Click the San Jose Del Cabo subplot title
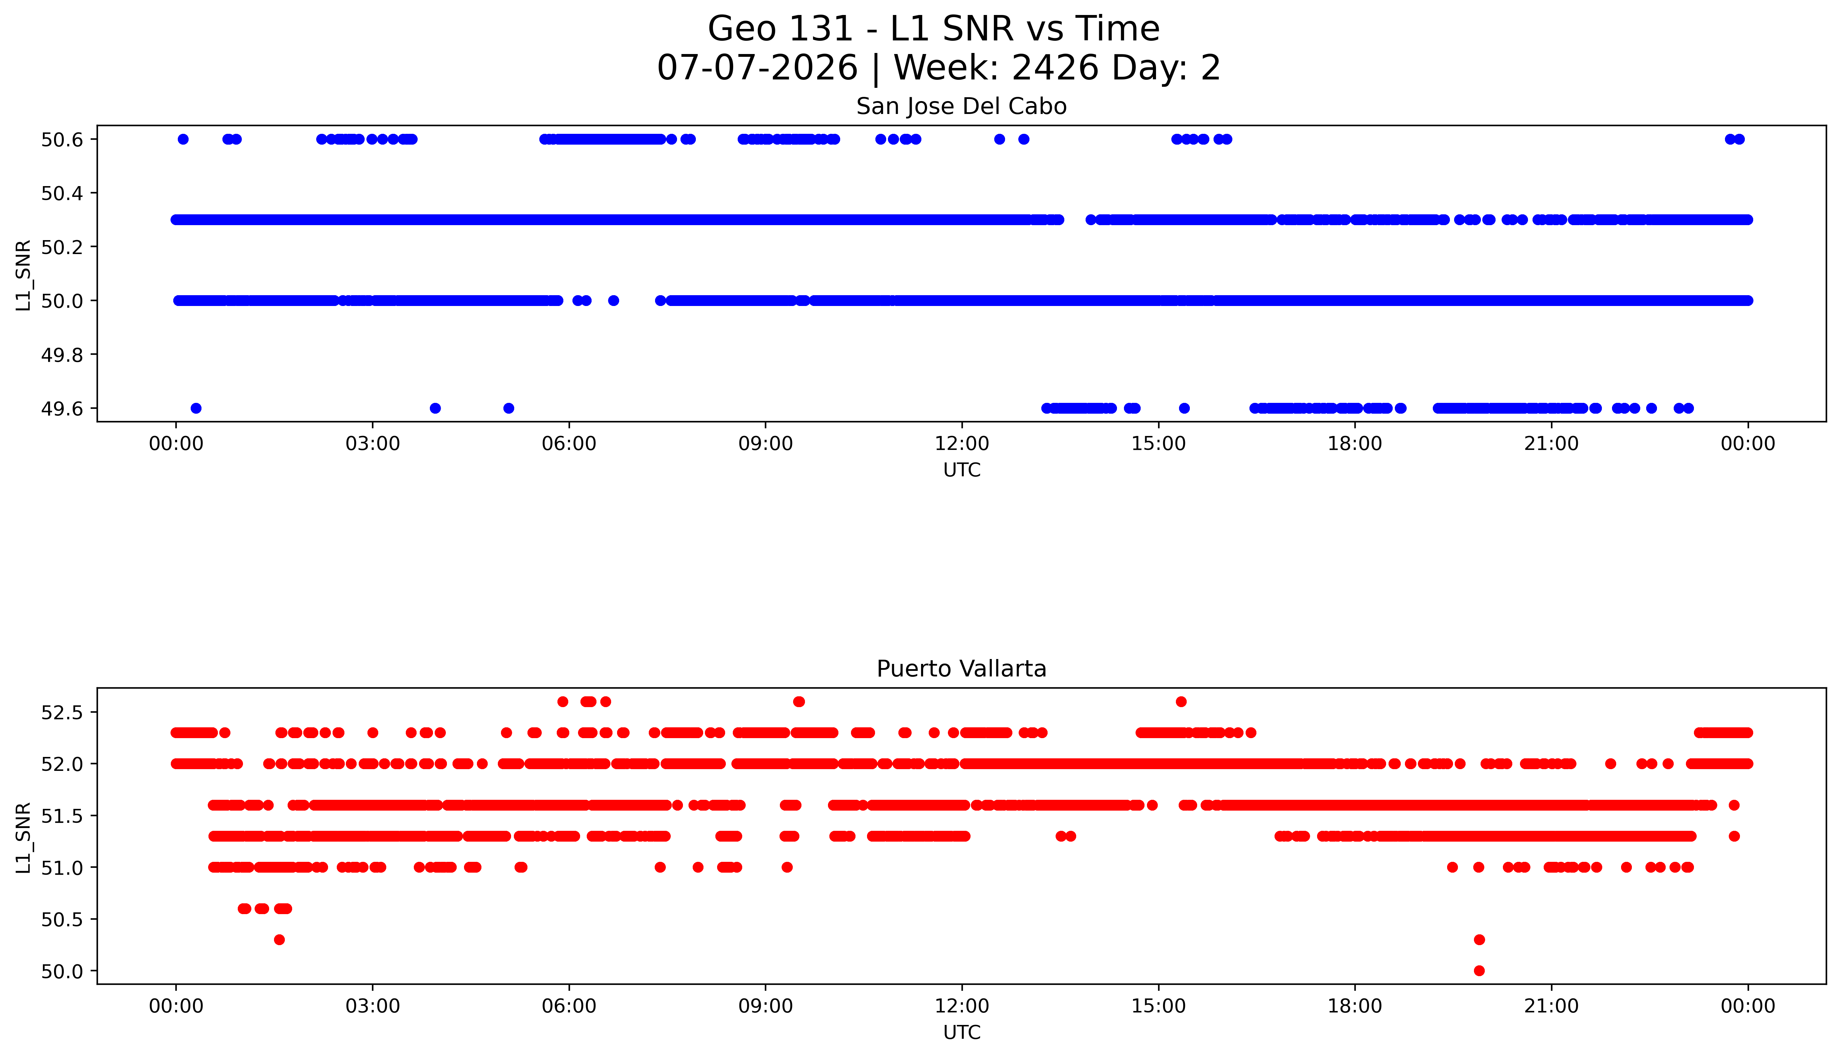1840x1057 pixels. pyautogui.click(x=961, y=107)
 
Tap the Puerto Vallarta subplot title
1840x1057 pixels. pyautogui.click(x=961, y=669)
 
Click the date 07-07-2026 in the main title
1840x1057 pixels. pyautogui.click(x=757, y=68)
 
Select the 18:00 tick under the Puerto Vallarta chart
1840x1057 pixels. pyautogui.click(x=1355, y=1006)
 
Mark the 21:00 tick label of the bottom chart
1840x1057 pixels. pyautogui.click(x=1552, y=1006)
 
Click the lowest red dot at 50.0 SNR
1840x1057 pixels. pyautogui.click(x=1479, y=971)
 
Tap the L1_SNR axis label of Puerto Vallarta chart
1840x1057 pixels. pyautogui.click(x=23, y=837)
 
